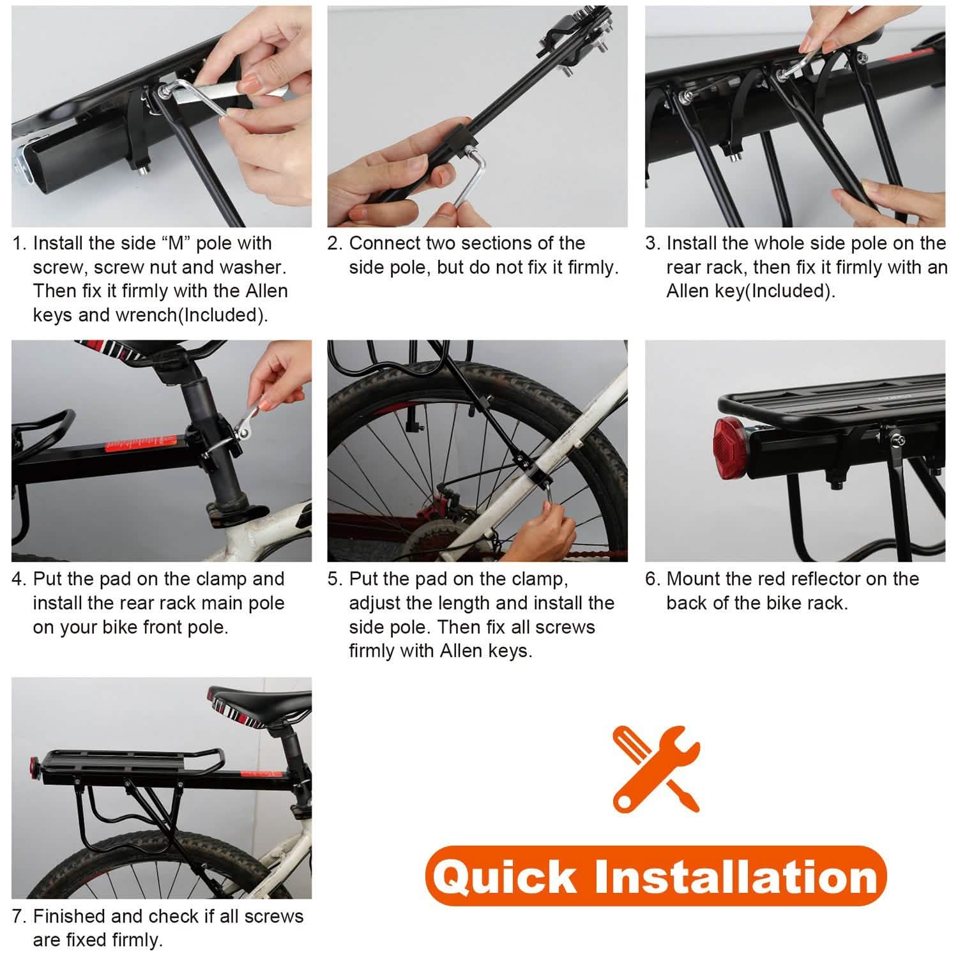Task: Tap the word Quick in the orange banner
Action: [x=504, y=876]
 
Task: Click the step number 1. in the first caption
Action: [x=20, y=243]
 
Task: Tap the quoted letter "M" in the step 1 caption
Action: [x=176, y=243]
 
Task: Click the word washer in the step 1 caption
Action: [x=252, y=267]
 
